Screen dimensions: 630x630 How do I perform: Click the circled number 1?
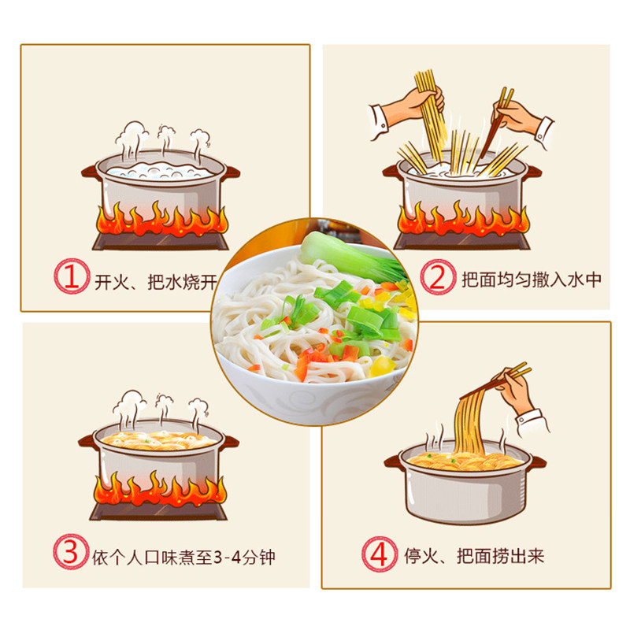coord(72,279)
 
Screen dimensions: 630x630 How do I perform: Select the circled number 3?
coord(72,557)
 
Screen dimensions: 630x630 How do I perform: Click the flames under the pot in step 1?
coord(161,218)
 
